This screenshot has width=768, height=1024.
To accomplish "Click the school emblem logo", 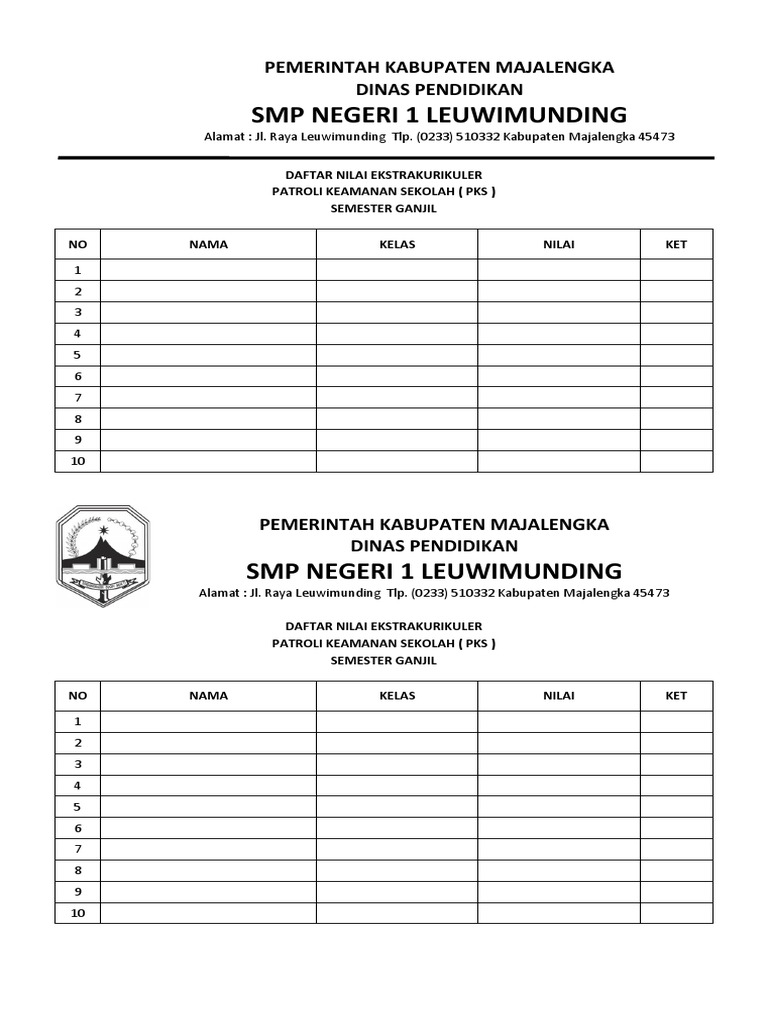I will pos(102,556).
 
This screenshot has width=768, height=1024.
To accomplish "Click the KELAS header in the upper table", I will pos(397,244).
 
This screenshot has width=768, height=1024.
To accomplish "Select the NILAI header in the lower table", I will pos(559,696).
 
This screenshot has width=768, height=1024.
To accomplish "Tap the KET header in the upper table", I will pos(677,244).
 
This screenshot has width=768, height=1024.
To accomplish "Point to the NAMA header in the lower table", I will pos(208,696).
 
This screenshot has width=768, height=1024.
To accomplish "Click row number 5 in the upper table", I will pos(78,355).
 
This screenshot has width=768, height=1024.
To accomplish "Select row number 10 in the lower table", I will pos(78,913).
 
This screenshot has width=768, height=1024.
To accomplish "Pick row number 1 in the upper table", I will pos(78,270).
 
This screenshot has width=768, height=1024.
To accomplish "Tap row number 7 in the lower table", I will pos(78,849).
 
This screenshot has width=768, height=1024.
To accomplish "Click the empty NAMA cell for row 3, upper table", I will pos(208,313).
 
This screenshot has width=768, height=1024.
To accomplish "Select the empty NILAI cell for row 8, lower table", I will pos(559,871).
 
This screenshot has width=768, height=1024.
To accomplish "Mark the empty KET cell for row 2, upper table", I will pos(677,292).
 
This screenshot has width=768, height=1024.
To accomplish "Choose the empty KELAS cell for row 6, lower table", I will pos(397,828).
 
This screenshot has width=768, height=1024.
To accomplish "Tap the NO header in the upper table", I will pos(78,244).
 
